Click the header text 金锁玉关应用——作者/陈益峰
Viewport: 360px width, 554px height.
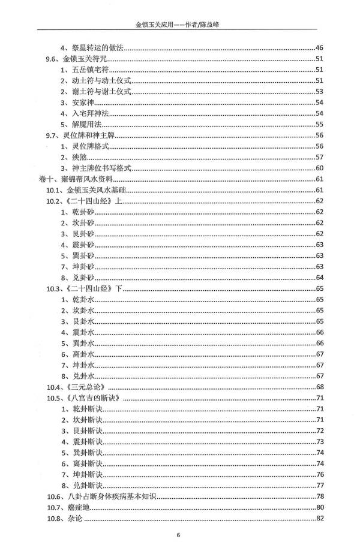click(x=179, y=25)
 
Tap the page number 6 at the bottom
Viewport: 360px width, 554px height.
click(x=178, y=535)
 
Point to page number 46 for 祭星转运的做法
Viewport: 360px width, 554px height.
click(x=319, y=48)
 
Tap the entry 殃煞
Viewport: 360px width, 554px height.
click(x=76, y=157)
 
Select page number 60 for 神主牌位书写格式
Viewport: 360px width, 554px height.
click(x=319, y=168)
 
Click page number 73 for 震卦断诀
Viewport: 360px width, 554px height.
click(x=319, y=441)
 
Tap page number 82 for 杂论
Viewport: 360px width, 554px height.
click(x=319, y=518)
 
